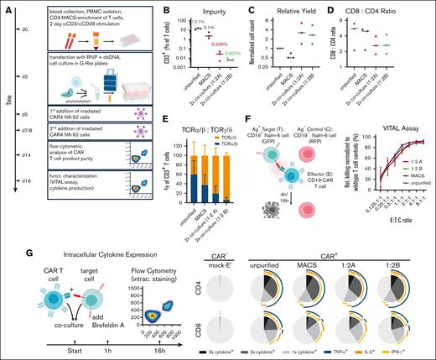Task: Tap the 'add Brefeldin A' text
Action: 106,300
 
